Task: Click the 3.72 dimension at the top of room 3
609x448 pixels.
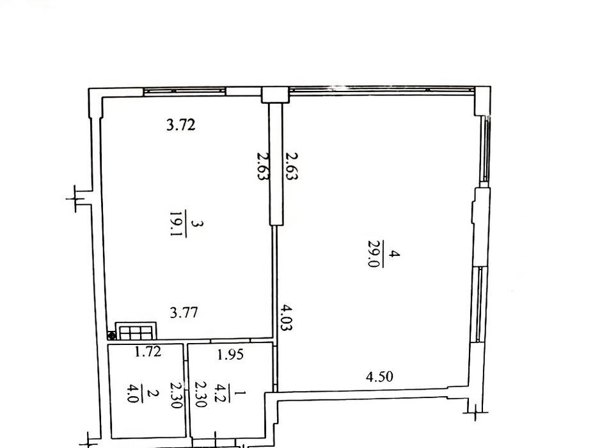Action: pos(180,125)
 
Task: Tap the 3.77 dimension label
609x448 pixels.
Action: pos(184,312)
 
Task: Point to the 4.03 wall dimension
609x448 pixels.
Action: pos(287,317)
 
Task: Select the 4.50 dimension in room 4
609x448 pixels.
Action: pos(379,376)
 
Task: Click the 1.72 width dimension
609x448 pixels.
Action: pos(148,351)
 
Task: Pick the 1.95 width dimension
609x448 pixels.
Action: pos(230,355)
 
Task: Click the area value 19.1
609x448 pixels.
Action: pos(177,223)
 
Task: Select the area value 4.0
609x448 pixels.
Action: pos(133,393)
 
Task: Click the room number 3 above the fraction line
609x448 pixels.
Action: pos(198,223)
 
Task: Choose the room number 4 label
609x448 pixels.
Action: pos(395,253)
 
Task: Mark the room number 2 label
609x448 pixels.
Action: pos(153,393)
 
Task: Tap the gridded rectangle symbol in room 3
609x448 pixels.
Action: pos(136,331)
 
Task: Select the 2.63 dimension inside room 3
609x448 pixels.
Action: pos(263,166)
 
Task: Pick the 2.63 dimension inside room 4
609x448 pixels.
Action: pos(292,166)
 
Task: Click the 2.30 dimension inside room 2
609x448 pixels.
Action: pos(176,394)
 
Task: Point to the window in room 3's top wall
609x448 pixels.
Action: pos(184,92)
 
